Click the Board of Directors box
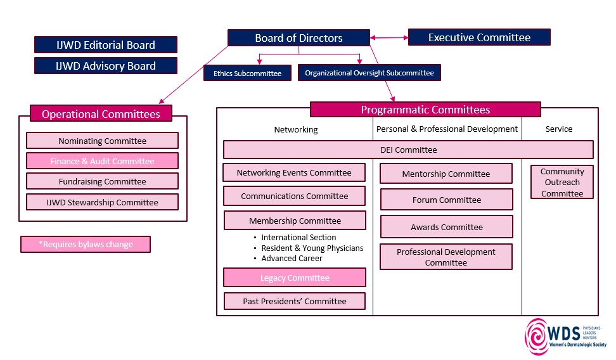(298, 38)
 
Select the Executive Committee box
(479, 37)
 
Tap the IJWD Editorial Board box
(106, 44)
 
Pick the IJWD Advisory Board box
(106, 65)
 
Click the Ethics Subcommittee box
(247, 74)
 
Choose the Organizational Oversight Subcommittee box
(369, 73)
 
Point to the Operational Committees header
(101, 114)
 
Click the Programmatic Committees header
(425, 110)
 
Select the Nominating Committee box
(102, 141)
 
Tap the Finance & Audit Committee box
(102, 161)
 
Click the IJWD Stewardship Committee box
(102, 202)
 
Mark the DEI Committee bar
(408, 150)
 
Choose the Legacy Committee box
(295, 278)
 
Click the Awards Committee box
(446, 227)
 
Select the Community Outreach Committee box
(562, 183)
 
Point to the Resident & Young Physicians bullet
(312, 248)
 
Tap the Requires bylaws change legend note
(86, 244)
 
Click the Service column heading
(558, 129)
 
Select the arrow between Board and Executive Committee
(389, 38)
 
